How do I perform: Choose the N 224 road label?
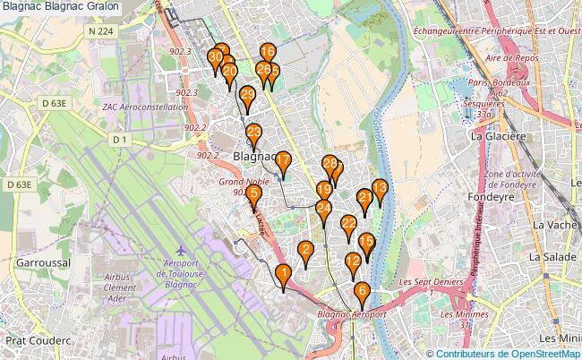click(x=101, y=31)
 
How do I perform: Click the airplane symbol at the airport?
click(x=184, y=248)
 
